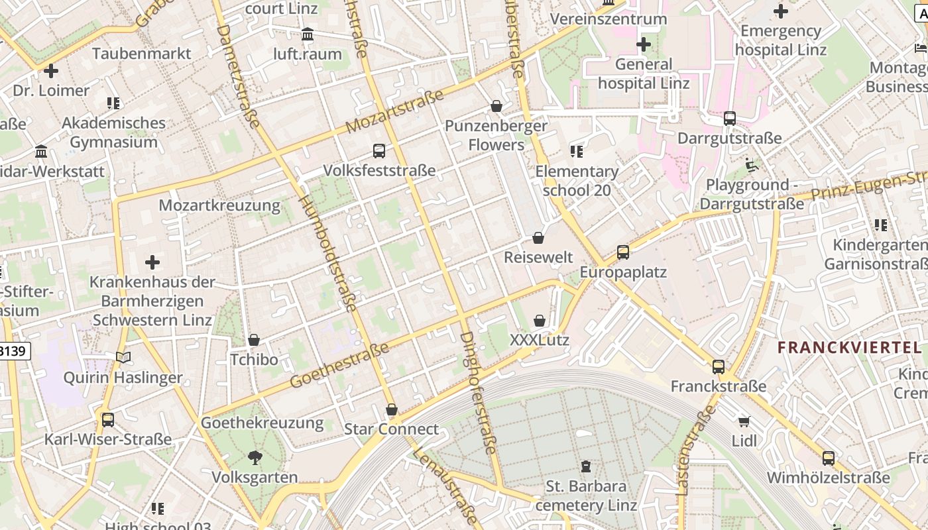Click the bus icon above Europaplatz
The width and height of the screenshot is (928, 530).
pos(622,252)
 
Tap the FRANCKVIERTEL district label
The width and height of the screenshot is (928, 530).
pos(849,347)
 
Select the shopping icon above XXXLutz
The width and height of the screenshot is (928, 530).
pos(540,321)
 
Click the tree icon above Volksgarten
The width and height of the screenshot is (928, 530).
pos(255,457)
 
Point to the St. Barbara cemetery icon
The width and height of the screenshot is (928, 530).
pos(586,466)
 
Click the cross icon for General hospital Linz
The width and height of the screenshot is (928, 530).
pos(643,44)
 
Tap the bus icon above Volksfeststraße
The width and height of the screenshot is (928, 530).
pos(378,150)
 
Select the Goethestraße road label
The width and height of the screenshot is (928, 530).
pos(339,366)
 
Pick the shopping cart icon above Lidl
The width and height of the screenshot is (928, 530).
pos(744,421)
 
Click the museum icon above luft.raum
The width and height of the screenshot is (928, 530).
pos(308,34)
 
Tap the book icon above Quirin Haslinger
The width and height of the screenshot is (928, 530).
pos(123,357)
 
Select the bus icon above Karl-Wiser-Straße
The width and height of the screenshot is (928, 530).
pos(107,419)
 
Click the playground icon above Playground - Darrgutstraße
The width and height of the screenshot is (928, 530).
pos(752,164)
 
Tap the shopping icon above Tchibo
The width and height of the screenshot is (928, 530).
pos(253,340)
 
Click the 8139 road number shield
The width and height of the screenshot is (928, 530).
pos(15,350)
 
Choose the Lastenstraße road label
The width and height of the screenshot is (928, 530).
pos(695,450)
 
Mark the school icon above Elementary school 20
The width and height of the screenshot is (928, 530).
pos(577,151)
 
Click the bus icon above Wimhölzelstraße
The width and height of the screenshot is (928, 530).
pos(828,458)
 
